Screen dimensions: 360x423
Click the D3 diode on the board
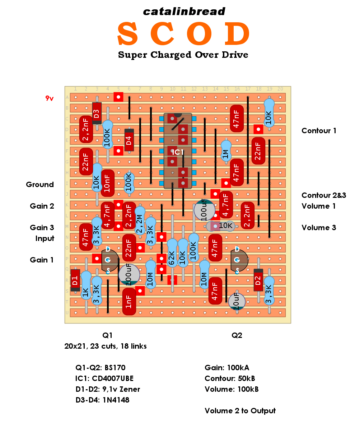97,113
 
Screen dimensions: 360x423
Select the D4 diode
129,140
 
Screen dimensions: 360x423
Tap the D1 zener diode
75,280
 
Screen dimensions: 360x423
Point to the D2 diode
258,280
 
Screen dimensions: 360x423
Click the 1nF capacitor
129,302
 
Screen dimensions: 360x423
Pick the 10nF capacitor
108,183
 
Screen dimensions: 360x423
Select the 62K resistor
172,253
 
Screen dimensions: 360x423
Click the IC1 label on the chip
178,152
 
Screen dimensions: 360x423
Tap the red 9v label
49,98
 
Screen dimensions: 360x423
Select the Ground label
40,185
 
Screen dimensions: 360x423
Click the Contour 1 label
319,131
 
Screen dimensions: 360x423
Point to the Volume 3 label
319,228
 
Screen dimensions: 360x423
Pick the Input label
45,239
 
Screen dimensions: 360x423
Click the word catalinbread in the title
184,11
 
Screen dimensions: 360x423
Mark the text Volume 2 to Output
240,411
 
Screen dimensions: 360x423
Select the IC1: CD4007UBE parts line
104,378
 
